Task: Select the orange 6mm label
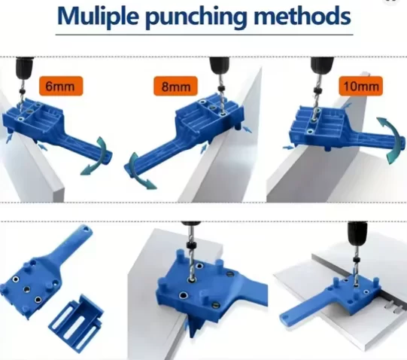[x=61, y=86]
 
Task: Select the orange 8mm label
[x=175, y=86]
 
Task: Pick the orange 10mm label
[x=360, y=86]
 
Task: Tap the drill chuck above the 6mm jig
[x=25, y=67]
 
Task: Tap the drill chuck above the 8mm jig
[x=220, y=65]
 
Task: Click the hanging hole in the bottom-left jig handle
[x=86, y=229]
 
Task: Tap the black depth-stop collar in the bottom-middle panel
[x=193, y=246]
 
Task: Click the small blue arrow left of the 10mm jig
[x=288, y=148]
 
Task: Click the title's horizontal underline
[x=205, y=35]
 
